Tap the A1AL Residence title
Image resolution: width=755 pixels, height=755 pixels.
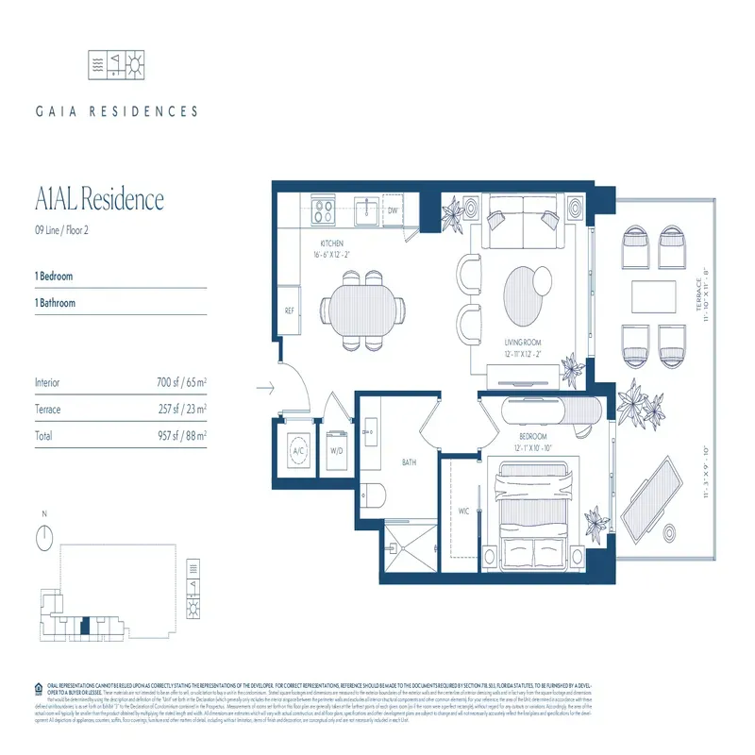click(99, 200)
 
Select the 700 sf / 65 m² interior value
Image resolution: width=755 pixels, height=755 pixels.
click(181, 382)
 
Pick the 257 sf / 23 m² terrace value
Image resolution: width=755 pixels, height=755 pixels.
click(181, 410)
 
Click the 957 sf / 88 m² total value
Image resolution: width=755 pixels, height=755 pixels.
click(181, 436)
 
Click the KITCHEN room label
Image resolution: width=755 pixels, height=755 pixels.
click(316, 243)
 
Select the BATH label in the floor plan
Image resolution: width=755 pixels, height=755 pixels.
click(410, 462)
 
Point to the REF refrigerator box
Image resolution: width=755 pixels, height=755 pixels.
click(293, 311)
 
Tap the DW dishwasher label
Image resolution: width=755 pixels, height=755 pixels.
click(393, 210)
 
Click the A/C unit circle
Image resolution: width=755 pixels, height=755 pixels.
click(299, 450)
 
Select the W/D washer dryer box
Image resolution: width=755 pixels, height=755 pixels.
click(337, 450)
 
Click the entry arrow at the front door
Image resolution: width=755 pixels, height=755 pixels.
click(265, 386)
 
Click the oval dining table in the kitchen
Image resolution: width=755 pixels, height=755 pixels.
click(364, 309)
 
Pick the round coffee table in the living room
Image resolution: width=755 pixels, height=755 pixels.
click(525, 289)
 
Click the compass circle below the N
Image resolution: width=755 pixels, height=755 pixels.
click(43, 538)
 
